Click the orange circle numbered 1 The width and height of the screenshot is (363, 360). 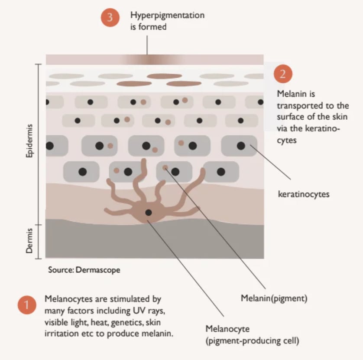coord(27,305)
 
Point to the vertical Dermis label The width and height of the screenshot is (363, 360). coord(30,242)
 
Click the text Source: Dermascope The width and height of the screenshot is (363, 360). coord(84,270)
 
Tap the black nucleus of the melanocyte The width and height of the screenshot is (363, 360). coord(149,213)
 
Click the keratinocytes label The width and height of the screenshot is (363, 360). coord(303,194)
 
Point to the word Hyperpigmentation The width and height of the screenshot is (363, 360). coord(167,15)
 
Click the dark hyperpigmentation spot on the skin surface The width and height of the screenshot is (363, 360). coord(147,59)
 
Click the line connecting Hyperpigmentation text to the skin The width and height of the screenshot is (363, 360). coord(147,44)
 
